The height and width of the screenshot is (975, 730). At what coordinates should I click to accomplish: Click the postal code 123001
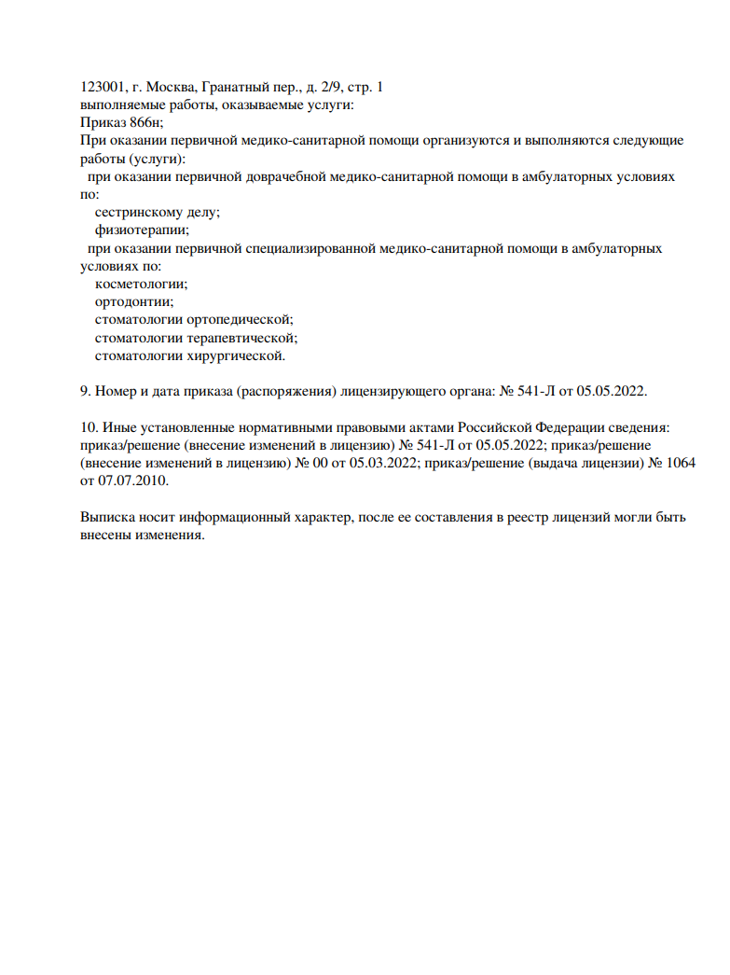103,87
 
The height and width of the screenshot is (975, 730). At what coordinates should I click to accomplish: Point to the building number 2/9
331,87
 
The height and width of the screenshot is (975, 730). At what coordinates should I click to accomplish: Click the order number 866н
142,122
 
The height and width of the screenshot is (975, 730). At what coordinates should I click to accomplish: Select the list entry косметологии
141,284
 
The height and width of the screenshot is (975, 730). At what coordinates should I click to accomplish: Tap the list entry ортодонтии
134,301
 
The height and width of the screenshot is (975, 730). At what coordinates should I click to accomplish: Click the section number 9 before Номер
85,391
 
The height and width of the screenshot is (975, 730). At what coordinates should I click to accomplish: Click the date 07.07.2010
134,481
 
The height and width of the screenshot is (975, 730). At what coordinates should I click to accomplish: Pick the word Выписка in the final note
107,517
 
